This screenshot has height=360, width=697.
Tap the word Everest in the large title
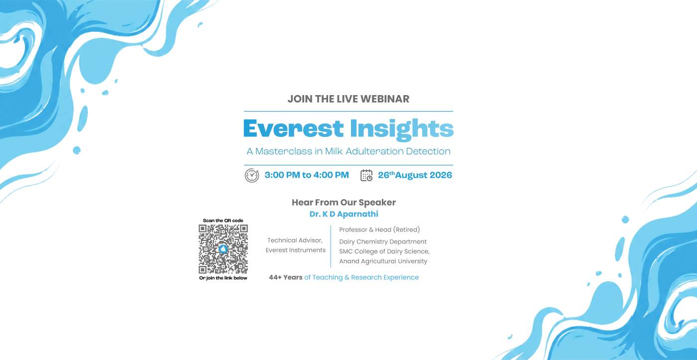(x=293, y=128)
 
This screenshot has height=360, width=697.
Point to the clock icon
(x=252, y=175)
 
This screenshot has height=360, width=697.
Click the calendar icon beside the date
(x=366, y=175)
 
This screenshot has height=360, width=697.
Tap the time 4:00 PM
(x=331, y=175)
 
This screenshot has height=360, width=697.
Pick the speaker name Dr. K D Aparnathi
(x=344, y=214)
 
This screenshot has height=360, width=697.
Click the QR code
(x=223, y=249)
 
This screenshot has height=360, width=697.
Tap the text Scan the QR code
(x=223, y=221)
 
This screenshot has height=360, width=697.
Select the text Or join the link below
(x=223, y=278)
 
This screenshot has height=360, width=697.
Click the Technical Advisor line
(x=295, y=240)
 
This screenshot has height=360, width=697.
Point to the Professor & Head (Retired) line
(x=379, y=230)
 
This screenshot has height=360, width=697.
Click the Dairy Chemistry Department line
(x=383, y=242)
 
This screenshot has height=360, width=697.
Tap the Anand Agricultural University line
(x=383, y=261)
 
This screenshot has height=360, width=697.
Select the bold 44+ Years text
(x=286, y=277)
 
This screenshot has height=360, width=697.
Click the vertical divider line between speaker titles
(x=331, y=246)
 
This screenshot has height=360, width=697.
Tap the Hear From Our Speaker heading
(x=344, y=203)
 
